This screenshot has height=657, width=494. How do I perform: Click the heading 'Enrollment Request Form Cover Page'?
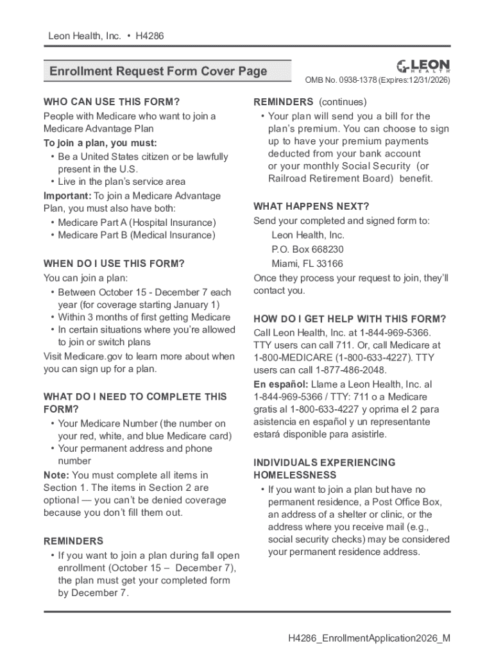(158, 71)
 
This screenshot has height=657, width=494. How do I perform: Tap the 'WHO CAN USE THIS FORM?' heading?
(112, 102)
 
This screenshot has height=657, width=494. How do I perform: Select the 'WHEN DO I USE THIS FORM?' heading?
(114, 264)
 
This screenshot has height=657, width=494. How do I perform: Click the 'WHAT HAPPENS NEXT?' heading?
(311, 207)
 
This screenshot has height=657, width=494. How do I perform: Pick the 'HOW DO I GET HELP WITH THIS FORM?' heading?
(350, 319)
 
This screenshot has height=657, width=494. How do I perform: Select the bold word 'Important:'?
(67, 196)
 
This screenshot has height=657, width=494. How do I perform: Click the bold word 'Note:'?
(56, 475)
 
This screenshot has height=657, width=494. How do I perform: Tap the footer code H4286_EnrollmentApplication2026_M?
(369, 638)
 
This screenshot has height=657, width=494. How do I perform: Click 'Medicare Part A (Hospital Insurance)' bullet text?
(137, 223)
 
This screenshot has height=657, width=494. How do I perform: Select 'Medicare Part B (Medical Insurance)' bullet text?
(137, 235)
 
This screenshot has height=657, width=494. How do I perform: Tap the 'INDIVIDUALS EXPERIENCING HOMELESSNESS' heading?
(325, 468)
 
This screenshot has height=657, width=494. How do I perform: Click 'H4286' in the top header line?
(149, 36)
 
